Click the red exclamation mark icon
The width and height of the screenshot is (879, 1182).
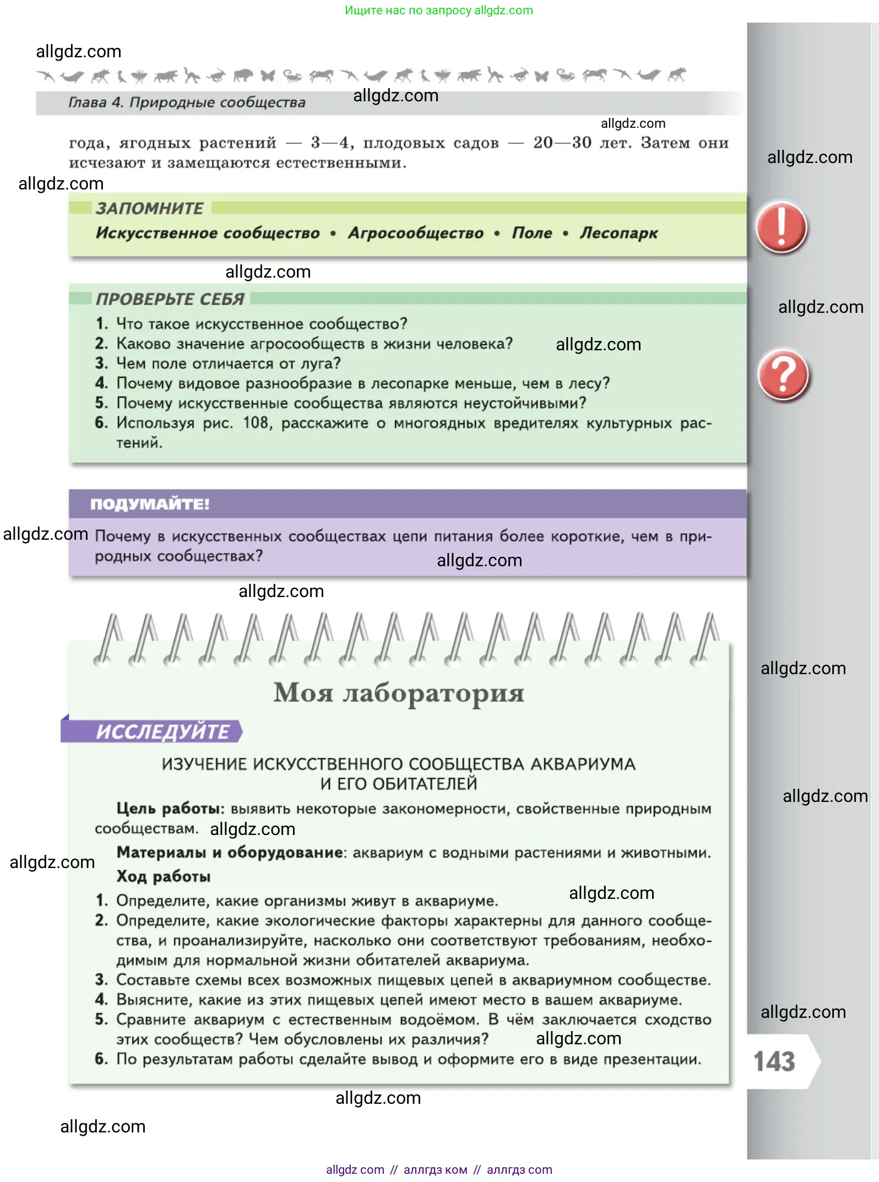pos(781,227)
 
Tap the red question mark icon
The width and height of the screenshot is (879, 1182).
pos(783,376)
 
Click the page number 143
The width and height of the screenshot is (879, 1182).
pos(774,1061)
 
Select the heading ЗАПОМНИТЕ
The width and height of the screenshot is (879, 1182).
pos(149,208)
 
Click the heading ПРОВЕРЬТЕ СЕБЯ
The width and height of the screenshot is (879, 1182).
pos(170,299)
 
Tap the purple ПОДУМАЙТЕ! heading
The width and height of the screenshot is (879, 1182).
pos(150,504)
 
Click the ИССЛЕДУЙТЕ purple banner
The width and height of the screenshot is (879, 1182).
pos(162,731)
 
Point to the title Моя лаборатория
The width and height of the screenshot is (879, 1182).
pos(399,693)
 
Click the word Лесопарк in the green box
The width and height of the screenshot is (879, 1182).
pos(618,233)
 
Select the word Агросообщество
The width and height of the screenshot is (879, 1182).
pos(416,233)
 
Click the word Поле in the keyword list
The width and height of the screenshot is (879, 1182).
pos(532,233)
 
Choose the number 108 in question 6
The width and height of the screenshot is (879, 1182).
pos(256,423)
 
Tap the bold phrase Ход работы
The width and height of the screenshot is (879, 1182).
pos(164,876)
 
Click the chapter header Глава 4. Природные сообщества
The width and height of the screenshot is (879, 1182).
pos(187,102)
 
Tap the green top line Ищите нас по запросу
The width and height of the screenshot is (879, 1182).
pos(438,10)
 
